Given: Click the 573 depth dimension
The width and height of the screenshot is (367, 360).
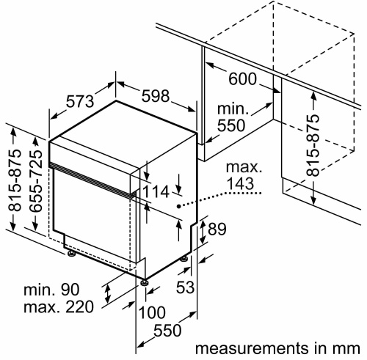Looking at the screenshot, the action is point(80,101).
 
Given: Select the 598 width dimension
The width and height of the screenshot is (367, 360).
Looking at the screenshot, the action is point(156,95).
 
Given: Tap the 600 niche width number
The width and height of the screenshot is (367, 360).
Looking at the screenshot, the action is point(243,78).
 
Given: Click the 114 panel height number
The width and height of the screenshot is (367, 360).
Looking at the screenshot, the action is point(156,191).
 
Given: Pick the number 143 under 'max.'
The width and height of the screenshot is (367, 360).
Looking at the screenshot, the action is point(240,183).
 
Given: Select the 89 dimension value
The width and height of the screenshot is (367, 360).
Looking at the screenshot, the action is point(217,229).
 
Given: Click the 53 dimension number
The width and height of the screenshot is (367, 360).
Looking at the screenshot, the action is point(185,287).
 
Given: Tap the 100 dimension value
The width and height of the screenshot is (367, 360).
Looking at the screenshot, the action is point(152,312).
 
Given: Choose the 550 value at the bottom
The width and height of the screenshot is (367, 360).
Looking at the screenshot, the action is point(167,331).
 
